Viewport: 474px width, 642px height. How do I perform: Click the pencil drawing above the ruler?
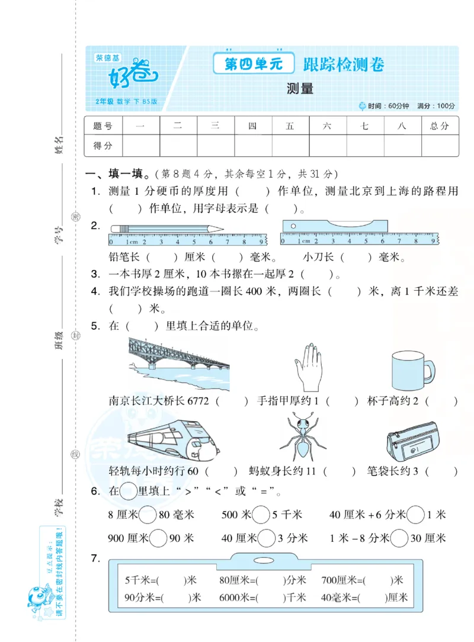(166, 228)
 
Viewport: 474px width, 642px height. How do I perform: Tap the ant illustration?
(303, 437)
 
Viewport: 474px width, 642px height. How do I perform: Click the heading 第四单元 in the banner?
(254, 65)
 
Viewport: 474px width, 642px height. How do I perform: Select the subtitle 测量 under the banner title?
(299, 89)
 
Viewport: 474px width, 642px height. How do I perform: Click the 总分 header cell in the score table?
(439, 126)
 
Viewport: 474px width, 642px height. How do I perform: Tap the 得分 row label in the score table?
(103, 145)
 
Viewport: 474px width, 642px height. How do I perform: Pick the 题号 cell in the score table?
(103, 126)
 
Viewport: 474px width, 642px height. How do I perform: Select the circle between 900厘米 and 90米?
(158, 538)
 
